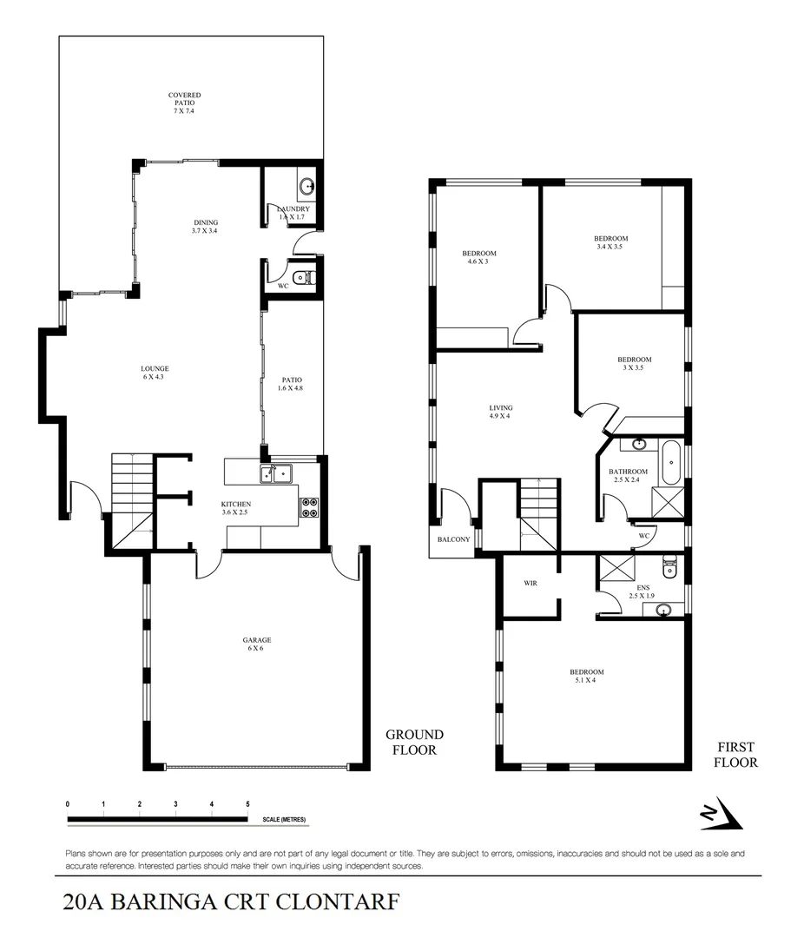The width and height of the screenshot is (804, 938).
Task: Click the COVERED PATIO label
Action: click(x=184, y=103)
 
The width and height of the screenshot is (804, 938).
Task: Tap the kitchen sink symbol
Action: click(x=275, y=473)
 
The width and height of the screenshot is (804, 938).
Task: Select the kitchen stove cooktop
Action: click(x=310, y=507)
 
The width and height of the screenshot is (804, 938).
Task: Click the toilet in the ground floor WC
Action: click(x=301, y=279)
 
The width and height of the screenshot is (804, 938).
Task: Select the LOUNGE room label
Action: click(x=155, y=373)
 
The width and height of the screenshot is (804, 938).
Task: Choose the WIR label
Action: click(x=531, y=584)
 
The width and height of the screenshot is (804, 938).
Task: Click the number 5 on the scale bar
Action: click(x=248, y=805)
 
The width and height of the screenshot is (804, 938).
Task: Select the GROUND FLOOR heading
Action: click(x=414, y=743)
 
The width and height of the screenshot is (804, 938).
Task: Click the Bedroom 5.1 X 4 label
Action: click(x=586, y=677)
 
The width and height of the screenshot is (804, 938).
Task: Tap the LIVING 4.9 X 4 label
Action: click(x=500, y=412)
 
